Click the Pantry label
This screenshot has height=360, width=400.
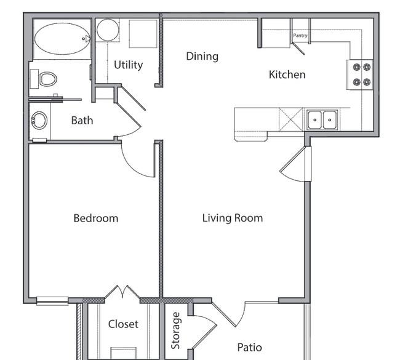(x=300, y=36)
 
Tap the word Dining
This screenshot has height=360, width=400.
(x=202, y=57)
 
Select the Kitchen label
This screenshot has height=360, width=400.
(x=287, y=74)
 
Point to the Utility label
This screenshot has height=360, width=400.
(x=129, y=65)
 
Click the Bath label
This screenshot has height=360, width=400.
(x=82, y=121)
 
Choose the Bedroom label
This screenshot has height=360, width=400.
(x=96, y=218)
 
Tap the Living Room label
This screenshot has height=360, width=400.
(x=233, y=218)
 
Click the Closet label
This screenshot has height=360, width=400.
(x=123, y=324)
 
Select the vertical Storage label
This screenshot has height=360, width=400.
(x=175, y=330)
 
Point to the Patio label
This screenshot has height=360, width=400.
(x=249, y=348)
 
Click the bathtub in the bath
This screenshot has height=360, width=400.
(x=62, y=39)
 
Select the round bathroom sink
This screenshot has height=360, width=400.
(x=39, y=121)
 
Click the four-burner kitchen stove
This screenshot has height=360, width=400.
(x=360, y=74)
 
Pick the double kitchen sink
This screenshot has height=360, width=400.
(x=322, y=119)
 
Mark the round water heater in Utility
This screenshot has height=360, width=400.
(x=108, y=30)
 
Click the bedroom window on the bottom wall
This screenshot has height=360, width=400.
(x=52, y=301)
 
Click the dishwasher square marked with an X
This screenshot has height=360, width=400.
(x=291, y=119)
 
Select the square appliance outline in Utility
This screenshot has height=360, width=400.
(x=143, y=34)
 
